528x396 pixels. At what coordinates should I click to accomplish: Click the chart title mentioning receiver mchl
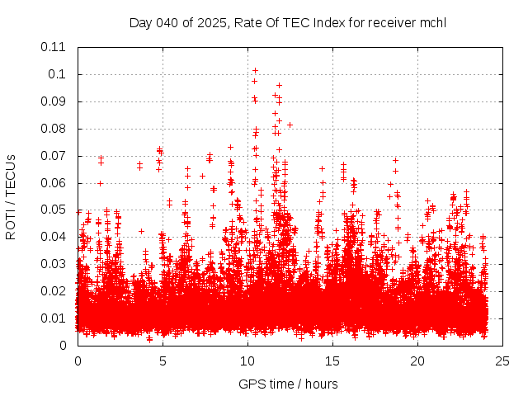tap(287, 22)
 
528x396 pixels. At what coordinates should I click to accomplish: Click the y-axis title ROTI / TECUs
tap(11, 197)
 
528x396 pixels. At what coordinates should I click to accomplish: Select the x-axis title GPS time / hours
tap(288, 384)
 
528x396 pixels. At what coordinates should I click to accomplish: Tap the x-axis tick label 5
tap(163, 361)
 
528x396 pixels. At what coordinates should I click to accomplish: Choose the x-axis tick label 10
tap(247, 361)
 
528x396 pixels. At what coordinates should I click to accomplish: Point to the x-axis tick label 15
tap(332, 361)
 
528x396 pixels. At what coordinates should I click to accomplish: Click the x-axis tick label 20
tap(417, 361)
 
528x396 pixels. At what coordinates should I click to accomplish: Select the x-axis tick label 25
tap(502, 361)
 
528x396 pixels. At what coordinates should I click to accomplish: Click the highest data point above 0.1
tap(256, 70)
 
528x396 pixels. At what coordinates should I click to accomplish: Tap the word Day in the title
tap(141, 22)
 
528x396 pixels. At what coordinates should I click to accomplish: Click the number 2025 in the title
tap(213, 22)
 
